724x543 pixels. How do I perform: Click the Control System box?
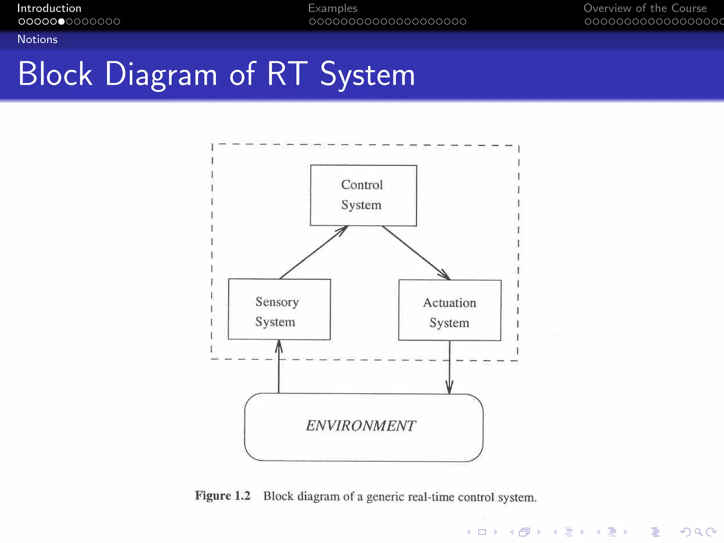[363, 195]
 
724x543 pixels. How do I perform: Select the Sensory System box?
[279, 309]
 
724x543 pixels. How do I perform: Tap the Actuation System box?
[450, 310]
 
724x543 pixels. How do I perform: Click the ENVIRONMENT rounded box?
[363, 427]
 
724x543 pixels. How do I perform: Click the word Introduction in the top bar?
[49, 8]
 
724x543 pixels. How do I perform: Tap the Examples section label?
[332, 8]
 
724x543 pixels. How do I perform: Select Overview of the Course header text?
[645, 8]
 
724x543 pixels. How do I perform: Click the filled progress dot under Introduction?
[61, 22]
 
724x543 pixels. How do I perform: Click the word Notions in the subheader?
[37, 39]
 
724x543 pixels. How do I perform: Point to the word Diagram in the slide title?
[161, 74]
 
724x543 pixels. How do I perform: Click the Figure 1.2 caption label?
[222, 496]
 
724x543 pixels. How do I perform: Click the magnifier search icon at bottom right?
[698, 532]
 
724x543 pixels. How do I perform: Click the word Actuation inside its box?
[450, 303]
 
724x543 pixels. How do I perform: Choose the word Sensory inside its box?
[277, 302]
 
